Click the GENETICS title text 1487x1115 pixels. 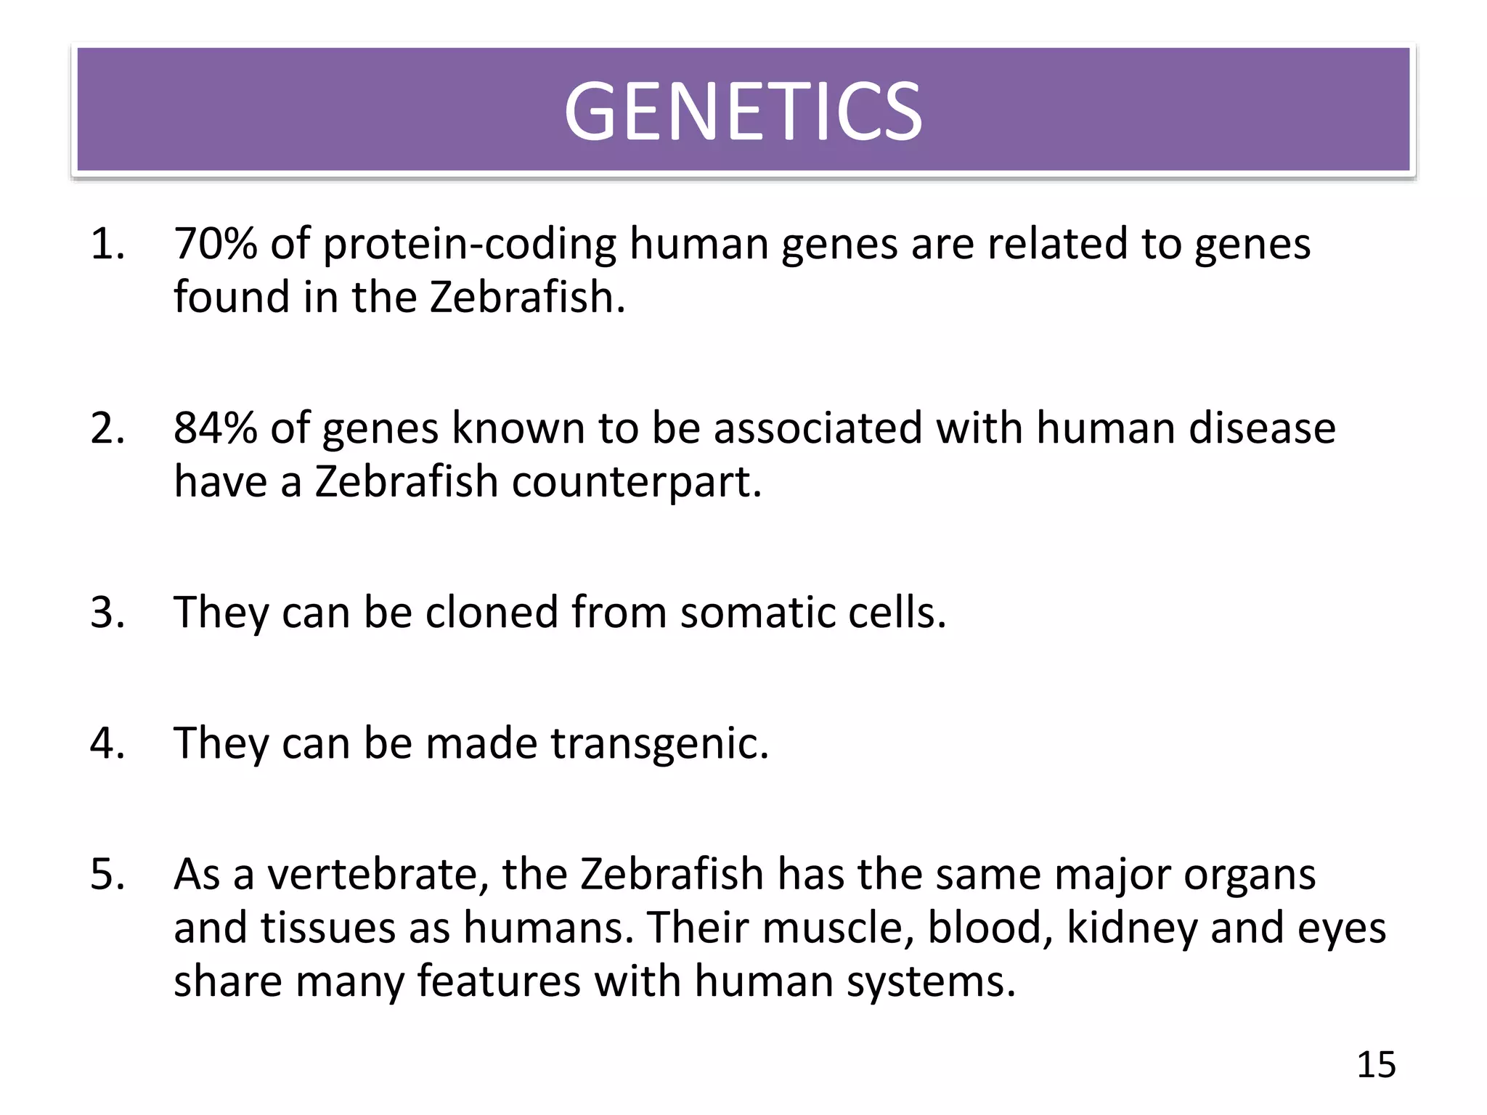(743, 112)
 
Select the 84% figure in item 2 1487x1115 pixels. (216, 428)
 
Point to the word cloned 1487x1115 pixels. (492, 612)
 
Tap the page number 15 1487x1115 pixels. (1376, 1064)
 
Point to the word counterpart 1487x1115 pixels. (637, 482)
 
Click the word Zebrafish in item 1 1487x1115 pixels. (527, 297)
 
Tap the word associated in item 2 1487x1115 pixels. (818, 428)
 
